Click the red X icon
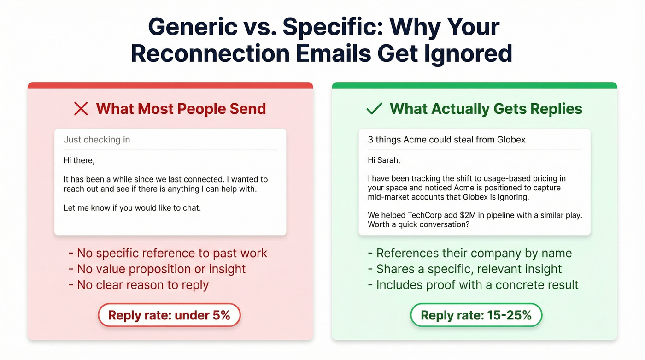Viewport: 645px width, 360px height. coord(81,109)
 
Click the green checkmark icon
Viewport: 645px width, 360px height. coord(374,109)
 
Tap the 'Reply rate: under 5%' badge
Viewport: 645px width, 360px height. coord(169,315)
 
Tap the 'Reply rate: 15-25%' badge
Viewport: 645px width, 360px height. coord(476,315)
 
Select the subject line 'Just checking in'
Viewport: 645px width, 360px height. coord(97,140)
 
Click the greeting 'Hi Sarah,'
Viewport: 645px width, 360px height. coord(383,160)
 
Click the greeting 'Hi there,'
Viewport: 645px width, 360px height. coord(79,160)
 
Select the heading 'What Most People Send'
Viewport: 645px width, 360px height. coord(181,109)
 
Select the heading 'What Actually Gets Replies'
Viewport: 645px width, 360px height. coord(486,109)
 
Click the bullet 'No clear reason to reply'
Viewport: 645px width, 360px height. coord(138,285)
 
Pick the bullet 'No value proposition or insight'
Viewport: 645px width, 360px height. coord(157,269)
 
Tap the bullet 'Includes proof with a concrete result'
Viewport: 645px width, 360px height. coord(473,285)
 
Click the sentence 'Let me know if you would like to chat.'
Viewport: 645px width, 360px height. coord(132,208)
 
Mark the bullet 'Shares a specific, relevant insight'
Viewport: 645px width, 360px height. coord(465,269)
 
